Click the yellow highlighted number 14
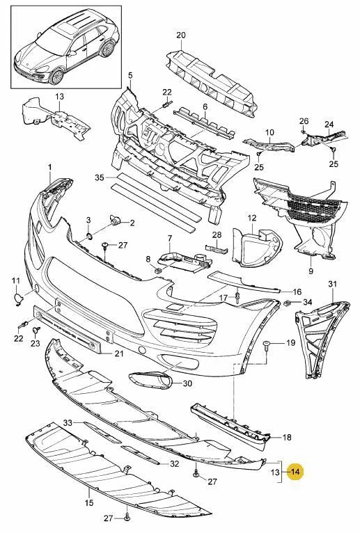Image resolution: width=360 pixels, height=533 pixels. (x=295, y=472)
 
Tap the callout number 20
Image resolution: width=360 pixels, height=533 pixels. (x=181, y=35)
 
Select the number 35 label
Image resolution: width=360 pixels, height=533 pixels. (x=100, y=177)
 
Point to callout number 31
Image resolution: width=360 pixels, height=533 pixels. (x=332, y=283)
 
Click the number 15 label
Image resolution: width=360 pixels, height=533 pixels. (x=89, y=502)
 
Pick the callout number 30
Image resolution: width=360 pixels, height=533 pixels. (x=187, y=383)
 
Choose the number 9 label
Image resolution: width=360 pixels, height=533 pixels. (x=311, y=271)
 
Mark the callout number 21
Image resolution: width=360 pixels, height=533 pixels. (x=119, y=354)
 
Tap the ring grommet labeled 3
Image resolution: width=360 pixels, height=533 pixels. (x=88, y=236)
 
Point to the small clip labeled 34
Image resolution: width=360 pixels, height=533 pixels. (x=287, y=302)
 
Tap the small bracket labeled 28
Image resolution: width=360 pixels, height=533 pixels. (x=215, y=248)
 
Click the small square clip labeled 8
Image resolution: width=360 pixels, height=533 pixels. (x=158, y=270)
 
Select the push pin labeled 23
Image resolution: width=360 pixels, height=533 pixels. (x=36, y=330)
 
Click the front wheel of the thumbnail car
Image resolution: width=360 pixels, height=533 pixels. (x=56, y=76)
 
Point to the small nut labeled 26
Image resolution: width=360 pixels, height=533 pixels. (x=302, y=132)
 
